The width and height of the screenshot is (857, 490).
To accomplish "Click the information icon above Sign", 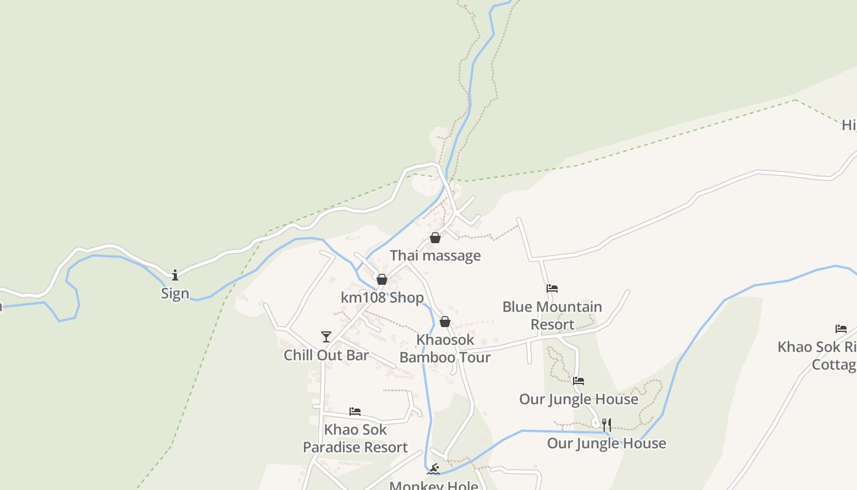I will pyautogui.click(x=175, y=275).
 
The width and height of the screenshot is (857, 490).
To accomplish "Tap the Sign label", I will pyautogui.click(x=175, y=293).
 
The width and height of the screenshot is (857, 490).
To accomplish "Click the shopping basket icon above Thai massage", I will pyautogui.click(x=435, y=238).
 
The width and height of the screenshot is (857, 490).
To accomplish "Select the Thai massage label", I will pyautogui.click(x=435, y=255).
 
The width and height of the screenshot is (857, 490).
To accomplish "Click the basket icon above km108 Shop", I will pyautogui.click(x=382, y=279).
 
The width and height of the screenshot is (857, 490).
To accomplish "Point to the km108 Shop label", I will pyautogui.click(x=382, y=298).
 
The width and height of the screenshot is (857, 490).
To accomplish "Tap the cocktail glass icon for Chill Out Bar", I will pyautogui.click(x=326, y=337).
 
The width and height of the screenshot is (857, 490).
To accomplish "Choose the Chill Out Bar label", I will pyautogui.click(x=326, y=355).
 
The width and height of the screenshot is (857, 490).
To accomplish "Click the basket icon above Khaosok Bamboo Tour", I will pyautogui.click(x=445, y=322).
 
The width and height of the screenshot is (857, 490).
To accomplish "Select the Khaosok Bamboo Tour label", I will pyautogui.click(x=445, y=349).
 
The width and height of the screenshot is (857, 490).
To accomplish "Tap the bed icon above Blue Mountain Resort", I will pyautogui.click(x=552, y=288).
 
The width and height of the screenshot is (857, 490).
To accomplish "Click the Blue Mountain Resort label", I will pyautogui.click(x=552, y=315).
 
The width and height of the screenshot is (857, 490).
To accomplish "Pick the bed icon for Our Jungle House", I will pyautogui.click(x=578, y=381).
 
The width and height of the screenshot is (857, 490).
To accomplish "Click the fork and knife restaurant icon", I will pyautogui.click(x=606, y=424).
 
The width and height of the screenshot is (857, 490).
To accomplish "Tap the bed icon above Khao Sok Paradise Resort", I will pyautogui.click(x=355, y=412).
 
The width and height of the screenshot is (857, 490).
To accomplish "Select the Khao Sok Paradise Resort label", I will pyautogui.click(x=355, y=439).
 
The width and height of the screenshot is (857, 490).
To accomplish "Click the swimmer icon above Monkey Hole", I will pyautogui.click(x=433, y=470).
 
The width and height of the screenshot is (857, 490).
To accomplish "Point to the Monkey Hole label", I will pyautogui.click(x=433, y=485).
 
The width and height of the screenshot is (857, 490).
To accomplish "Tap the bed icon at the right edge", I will pyautogui.click(x=841, y=329).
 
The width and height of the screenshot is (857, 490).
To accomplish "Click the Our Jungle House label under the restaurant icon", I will pyautogui.click(x=606, y=443).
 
